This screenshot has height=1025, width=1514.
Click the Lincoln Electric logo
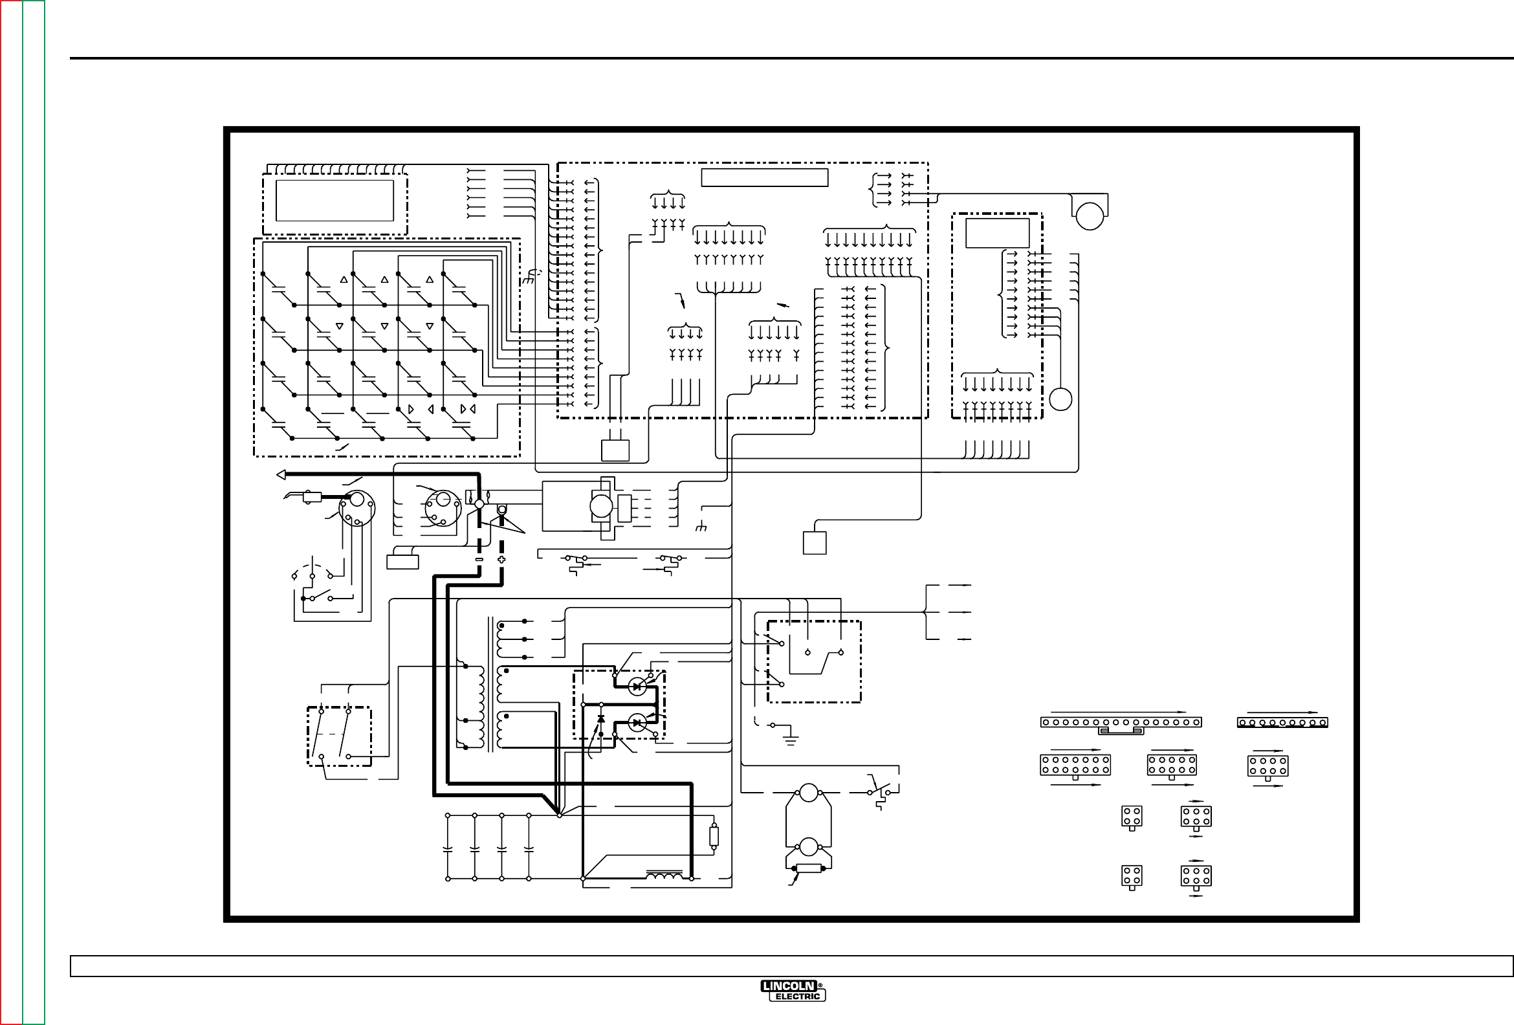click(x=793, y=991)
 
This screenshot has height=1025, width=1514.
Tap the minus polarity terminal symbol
click(x=479, y=559)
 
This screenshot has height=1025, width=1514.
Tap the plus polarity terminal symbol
click(x=501, y=559)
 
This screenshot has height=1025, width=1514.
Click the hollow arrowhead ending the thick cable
click(x=281, y=474)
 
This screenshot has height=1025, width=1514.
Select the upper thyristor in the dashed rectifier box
click(x=637, y=686)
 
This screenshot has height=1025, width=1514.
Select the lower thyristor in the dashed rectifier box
click(x=637, y=723)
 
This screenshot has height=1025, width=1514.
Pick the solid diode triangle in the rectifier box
click(x=600, y=718)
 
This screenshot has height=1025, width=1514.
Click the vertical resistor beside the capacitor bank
click(x=714, y=836)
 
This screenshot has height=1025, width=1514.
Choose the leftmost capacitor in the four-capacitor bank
click(x=448, y=849)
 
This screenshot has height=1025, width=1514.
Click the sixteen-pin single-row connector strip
click(x=1121, y=722)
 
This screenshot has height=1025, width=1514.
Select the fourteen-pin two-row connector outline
click(x=1075, y=765)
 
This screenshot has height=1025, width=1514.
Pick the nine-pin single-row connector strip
click(x=1282, y=722)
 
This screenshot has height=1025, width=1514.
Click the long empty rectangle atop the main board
click(x=764, y=177)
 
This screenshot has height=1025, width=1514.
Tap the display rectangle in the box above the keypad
click(x=335, y=201)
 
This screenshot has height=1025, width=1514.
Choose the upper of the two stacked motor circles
click(x=809, y=793)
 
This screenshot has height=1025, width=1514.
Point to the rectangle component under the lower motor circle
click(x=809, y=868)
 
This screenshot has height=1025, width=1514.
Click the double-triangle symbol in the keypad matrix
click(x=468, y=409)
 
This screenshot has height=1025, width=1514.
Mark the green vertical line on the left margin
click(x=23, y=512)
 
